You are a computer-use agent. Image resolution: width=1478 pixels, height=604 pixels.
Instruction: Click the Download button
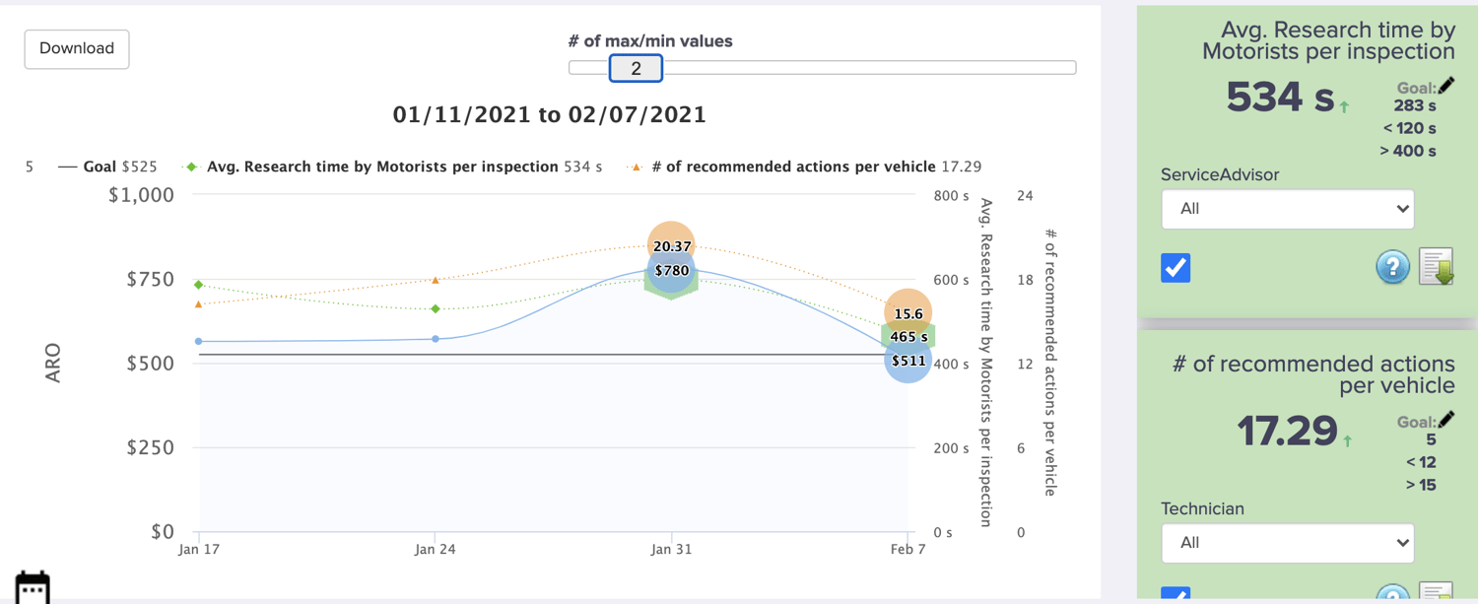(x=77, y=48)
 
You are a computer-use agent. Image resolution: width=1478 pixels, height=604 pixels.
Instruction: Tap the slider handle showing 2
(x=636, y=68)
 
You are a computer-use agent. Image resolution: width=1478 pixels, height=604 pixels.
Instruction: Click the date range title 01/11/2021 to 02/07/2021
(x=549, y=114)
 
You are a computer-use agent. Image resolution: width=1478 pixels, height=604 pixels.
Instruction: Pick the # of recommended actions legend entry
(x=808, y=167)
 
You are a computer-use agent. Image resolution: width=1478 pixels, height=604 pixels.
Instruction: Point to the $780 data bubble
(x=671, y=271)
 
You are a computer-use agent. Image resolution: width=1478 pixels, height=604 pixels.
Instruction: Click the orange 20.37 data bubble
(x=671, y=242)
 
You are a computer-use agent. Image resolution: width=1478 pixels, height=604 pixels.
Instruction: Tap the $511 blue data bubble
(x=907, y=361)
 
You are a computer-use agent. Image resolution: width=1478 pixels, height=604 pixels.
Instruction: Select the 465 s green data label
(x=907, y=337)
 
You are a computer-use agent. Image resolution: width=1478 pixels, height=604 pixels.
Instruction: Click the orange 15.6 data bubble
(x=907, y=312)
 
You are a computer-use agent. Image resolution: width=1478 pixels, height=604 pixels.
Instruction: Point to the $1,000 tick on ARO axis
(x=140, y=195)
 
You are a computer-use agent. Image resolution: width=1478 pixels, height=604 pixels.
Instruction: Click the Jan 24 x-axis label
(x=435, y=549)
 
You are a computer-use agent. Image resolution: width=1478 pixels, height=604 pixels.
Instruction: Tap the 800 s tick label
(x=951, y=196)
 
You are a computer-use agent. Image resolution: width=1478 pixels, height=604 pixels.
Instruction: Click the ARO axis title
(x=53, y=363)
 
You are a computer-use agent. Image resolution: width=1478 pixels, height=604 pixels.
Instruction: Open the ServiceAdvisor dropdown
(x=1287, y=209)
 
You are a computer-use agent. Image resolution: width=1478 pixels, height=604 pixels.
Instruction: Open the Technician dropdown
(x=1287, y=543)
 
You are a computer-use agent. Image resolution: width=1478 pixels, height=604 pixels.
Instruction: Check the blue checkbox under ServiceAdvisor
(x=1176, y=268)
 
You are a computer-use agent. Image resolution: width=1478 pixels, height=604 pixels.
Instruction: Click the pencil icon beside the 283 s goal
(x=1446, y=86)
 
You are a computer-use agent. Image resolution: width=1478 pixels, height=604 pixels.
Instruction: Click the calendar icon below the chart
(x=33, y=587)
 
